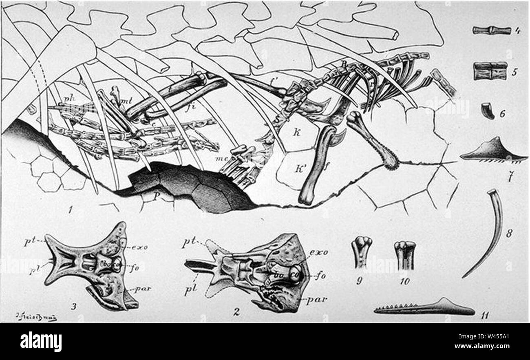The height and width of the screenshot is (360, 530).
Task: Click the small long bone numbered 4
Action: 491,30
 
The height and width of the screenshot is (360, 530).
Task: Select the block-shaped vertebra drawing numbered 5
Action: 490,71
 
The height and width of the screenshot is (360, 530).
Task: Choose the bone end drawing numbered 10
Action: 405,255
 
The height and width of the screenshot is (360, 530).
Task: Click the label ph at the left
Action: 68,99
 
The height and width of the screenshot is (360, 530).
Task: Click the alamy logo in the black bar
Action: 41,341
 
